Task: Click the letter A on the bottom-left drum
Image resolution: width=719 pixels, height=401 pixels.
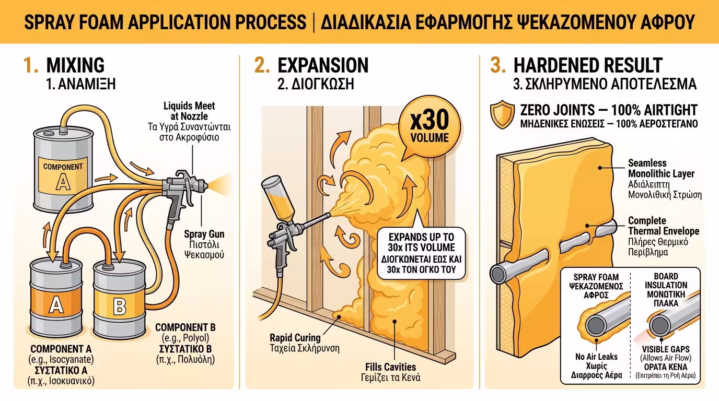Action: pyautogui.click(x=55, y=305)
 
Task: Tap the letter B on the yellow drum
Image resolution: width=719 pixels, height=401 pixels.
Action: pyautogui.click(x=119, y=306)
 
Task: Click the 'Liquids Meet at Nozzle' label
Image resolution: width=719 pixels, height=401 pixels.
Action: pyautogui.click(x=189, y=111)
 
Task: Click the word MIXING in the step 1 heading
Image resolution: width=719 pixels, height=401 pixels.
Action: pyautogui.click(x=75, y=65)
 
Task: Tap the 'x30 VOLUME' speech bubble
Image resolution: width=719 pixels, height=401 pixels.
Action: pyautogui.click(x=429, y=127)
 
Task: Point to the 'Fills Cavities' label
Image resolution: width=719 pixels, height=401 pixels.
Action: pyautogui.click(x=390, y=367)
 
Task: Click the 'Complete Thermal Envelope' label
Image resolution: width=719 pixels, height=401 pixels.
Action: pyautogui.click(x=663, y=226)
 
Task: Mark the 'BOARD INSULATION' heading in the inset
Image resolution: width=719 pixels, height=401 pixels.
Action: pyautogui.click(x=666, y=281)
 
